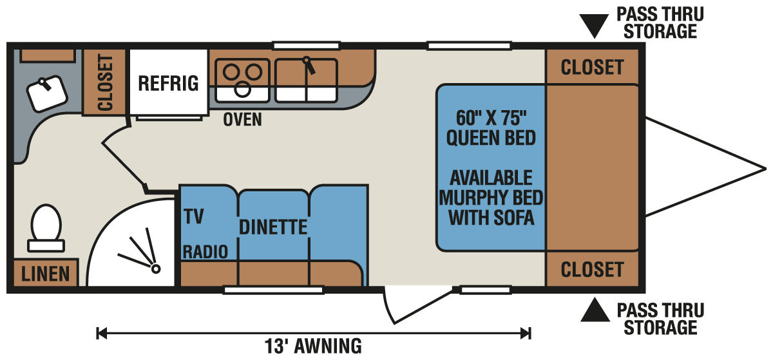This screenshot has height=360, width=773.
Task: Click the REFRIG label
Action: pos(169,83)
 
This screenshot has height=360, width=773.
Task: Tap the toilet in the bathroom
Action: pos(45,226)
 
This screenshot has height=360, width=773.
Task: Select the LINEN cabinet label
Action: pos(45,274)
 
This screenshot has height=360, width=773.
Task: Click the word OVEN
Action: pos(243,119)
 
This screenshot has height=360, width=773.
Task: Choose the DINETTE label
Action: pos(273,227)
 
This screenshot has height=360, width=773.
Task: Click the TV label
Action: pos(193,216)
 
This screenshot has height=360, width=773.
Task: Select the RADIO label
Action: pos(205,252)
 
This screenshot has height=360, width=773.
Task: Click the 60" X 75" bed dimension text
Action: pos(491,118)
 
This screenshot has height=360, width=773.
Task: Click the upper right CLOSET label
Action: pos(592,67)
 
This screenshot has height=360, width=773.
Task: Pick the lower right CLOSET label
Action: pos(592,269)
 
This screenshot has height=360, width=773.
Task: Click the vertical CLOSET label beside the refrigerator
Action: pos(106,82)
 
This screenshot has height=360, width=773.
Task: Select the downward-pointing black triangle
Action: pos(595,26)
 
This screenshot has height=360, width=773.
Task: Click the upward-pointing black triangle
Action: pos(595,312)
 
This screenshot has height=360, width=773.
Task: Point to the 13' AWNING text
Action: pos(313,346)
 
